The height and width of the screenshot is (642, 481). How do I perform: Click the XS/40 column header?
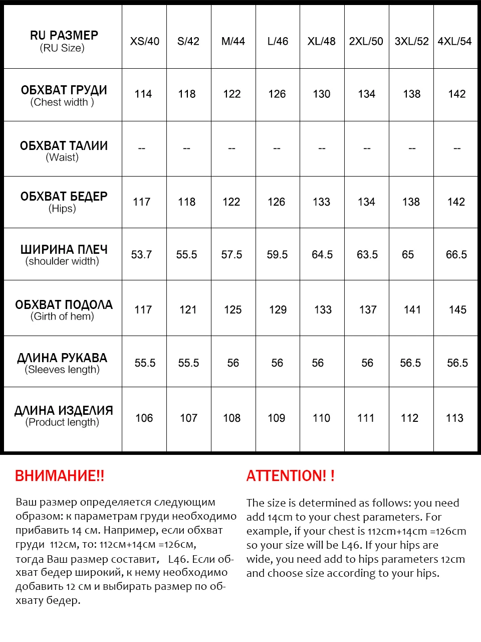pos(145,42)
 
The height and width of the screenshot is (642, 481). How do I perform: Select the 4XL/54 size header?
pos(454,42)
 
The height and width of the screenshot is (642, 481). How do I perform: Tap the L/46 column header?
pos(278,42)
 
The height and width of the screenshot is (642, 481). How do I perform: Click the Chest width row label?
pos(64,95)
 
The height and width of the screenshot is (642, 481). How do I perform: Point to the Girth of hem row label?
pos(64,310)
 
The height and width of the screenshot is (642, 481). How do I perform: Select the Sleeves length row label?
pos(62,363)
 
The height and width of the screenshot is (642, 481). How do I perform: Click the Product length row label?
pos(63,416)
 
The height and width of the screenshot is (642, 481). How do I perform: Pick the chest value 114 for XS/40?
pos(143,94)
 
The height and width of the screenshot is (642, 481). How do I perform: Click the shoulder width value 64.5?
pos(322,255)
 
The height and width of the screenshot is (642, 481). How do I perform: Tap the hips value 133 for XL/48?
pos(322,202)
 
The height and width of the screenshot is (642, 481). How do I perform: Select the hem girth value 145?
pos(457,310)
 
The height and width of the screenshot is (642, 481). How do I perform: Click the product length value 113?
pos(454,418)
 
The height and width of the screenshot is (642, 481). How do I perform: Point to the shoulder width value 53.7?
pos(141,255)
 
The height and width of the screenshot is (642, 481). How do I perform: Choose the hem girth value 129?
pos(278,310)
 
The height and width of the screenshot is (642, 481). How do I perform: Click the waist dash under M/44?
pos(231,148)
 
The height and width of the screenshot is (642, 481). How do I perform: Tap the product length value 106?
pos(144,418)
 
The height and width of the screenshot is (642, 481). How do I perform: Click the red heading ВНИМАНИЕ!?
pos(60,476)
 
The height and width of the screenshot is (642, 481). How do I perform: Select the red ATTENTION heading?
pos(290,476)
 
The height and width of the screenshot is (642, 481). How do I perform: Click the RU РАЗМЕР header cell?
pos(64,41)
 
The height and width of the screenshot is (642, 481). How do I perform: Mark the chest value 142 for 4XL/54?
pos(456,94)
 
